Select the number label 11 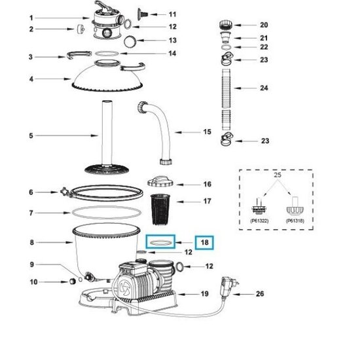172,14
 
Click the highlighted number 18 204,242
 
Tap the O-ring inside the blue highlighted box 161,242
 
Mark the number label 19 205,294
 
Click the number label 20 264,25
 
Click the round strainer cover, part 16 159,181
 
